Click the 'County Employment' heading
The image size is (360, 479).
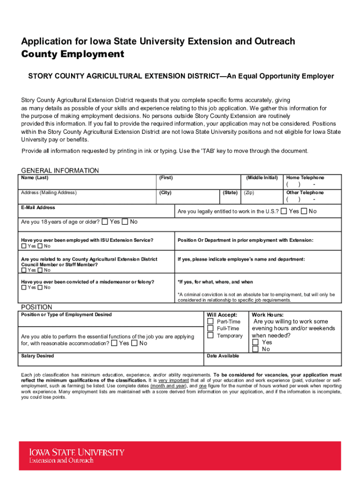click(72, 54)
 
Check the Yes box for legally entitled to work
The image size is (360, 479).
click(284, 211)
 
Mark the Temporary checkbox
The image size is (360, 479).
click(210, 335)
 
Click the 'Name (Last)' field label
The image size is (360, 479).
click(35, 178)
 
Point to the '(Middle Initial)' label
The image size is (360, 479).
click(262, 178)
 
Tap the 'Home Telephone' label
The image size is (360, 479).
click(305, 178)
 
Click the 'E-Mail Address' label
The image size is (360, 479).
click(38, 207)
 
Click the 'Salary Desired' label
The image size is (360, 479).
click(37, 356)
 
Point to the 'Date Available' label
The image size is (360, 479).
click(223, 356)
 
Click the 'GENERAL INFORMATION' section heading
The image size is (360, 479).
click(60, 171)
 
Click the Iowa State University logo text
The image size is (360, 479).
click(77, 453)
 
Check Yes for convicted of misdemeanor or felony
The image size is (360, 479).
click(24, 288)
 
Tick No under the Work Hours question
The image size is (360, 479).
click(255, 349)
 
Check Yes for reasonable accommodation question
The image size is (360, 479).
click(115, 343)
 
